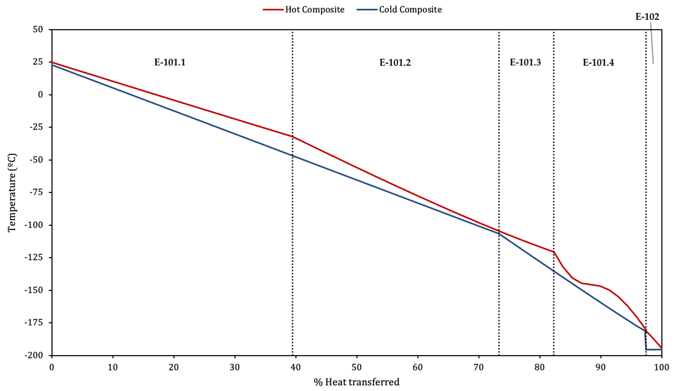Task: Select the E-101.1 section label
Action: tap(170, 62)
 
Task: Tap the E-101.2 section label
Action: tap(395, 62)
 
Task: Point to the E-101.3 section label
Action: tap(525, 62)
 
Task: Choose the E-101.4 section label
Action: tap(598, 62)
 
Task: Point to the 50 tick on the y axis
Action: tap(38, 30)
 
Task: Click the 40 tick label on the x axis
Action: tap(296, 367)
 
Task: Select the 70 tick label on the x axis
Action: tap(479, 367)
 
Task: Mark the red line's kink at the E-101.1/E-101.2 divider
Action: tap(292, 136)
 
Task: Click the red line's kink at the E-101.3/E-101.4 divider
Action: tap(554, 252)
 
